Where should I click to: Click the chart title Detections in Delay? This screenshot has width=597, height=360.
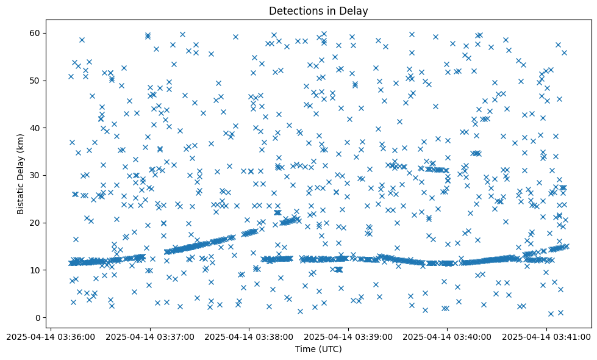(x=318, y=10)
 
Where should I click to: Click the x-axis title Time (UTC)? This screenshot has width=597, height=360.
(x=318, y=349)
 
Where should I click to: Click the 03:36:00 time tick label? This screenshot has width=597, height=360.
(x=51, y=336)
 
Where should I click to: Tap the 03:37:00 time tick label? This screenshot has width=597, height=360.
(x=150, y=336)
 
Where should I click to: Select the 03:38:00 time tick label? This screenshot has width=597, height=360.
(x=249, y=336)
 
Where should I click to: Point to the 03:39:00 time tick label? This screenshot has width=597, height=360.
(x=348, y=336)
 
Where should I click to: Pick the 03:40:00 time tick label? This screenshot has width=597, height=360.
(x=447, y=336)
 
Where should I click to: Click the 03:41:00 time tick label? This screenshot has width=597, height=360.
(x=546, y=336)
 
